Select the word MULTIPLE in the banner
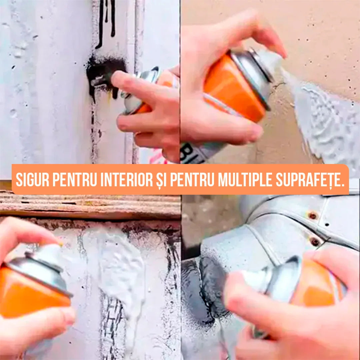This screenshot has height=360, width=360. click(x=245, y=180)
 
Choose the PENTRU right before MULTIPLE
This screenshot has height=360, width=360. click(x=192, y=180)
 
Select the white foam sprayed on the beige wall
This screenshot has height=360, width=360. click(x=327, y=123)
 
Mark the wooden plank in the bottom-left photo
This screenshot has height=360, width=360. click(x=90, y=205)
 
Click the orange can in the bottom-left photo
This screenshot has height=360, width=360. click(x=30, y=293)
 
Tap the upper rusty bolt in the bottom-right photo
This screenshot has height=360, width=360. click(x=313, y=216)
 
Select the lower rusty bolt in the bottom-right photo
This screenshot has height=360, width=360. click(x=314, y=241)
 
